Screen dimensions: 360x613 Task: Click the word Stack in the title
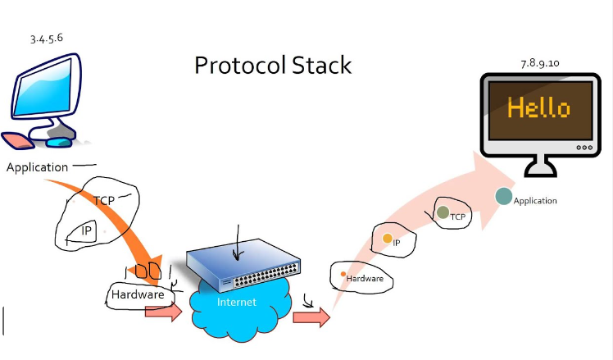[322, 65]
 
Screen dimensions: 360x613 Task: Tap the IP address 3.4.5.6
[46, 39]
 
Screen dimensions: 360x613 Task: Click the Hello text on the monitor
[538, 108]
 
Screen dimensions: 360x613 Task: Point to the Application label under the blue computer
[37, 167]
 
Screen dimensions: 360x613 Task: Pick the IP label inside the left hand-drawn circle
[86, 230]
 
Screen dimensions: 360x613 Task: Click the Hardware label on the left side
[138, 294]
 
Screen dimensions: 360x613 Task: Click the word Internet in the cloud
[236, 302]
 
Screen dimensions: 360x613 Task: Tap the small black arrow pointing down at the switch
[237, 242]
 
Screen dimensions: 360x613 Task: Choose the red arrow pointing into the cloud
[163, 312]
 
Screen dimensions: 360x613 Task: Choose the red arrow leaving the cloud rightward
[311, 317]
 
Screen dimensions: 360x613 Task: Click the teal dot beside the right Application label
[503, 197]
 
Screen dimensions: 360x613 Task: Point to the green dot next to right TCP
[443, 213]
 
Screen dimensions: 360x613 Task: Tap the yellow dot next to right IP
[387, 239]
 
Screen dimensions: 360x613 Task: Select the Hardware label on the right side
[365, 279]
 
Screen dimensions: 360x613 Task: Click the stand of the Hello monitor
[539, 168]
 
